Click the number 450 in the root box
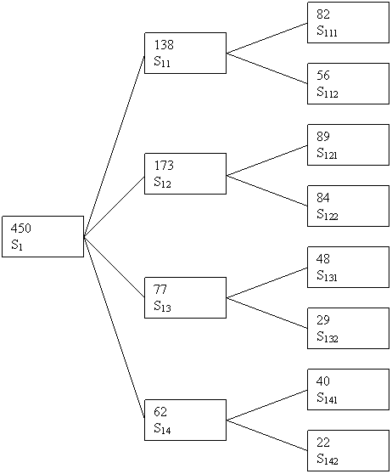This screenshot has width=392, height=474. click(x=21, y=229)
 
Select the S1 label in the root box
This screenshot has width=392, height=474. click(x=17, y=245)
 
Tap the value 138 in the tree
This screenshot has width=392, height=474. click(x=164, y=45)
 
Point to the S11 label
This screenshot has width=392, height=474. click(x=162, y=61)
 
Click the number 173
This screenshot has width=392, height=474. click(x=164, y=166)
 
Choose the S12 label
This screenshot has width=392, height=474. click(x=162, y=182)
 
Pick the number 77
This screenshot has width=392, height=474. click(x=160, y=290)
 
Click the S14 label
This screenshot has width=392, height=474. click(x=162, y=428)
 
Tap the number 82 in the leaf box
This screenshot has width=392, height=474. click(x=323, y=14)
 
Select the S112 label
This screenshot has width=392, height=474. click(x=328, y=93)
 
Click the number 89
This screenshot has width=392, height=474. click(x=323, y=136)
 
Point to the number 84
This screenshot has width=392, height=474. click(x=323, y=197)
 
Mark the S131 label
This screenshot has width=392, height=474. click(x=327, y=276)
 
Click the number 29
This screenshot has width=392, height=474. click(x=323, y=320)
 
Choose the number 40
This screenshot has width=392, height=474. click(x=323, y=381)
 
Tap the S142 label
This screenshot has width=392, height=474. click(x=328, y=460)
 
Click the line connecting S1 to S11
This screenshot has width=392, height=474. click(x=115, y=146)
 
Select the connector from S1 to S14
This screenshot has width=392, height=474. click(x=115, y=327)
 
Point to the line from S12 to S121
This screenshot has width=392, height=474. click(x=267, y=161)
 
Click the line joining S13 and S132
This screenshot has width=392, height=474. click(x=267, y=313)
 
